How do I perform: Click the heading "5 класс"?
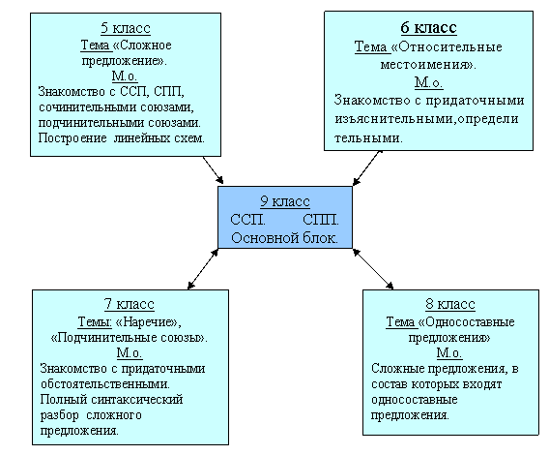click(126, 28)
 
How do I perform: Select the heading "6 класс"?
click(428, 27)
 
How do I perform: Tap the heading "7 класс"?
click(130, 304)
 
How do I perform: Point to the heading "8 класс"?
click(450, 304)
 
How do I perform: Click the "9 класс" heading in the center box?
click(285, 201)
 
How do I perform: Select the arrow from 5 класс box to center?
click(213, 170)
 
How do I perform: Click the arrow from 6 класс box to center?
click(367, 167)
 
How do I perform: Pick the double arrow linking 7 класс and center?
click(203, 269)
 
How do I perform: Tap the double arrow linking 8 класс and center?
click(373, 269)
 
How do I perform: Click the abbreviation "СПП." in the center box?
click(321, 220)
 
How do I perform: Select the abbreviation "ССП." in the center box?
click(247, 220)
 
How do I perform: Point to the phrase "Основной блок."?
click(285, 238)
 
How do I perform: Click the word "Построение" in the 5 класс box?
click(72, 138)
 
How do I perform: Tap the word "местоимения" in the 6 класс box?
click(427, 65)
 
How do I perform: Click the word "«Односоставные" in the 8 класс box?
click(467, 321)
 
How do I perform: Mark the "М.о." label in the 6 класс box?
click(428, 82)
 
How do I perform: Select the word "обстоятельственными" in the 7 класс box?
click(105, 384)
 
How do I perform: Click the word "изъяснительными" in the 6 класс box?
click(395, 119)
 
